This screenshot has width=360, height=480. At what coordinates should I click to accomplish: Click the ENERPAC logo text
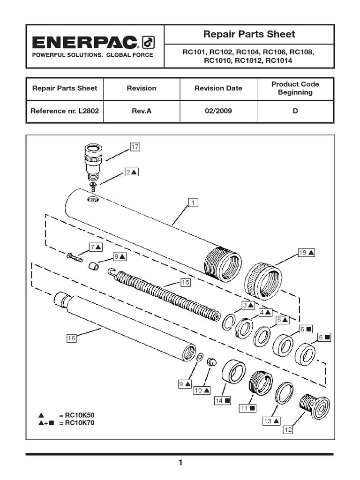pos(84,43)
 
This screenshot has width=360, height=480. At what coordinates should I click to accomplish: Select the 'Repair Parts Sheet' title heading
pos(249,34)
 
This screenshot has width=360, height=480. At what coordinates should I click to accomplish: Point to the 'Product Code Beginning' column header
pos(295,88)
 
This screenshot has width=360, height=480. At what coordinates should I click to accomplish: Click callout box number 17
pos(135,147)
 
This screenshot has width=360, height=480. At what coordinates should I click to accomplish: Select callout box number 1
pos(192,202)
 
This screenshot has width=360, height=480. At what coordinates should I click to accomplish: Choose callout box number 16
pos(71,338)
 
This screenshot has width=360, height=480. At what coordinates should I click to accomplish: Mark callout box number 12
pos(287,429)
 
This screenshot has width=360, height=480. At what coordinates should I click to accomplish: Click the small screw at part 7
pos(75,257)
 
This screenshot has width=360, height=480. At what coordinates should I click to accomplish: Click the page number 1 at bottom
pos(180,463)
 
